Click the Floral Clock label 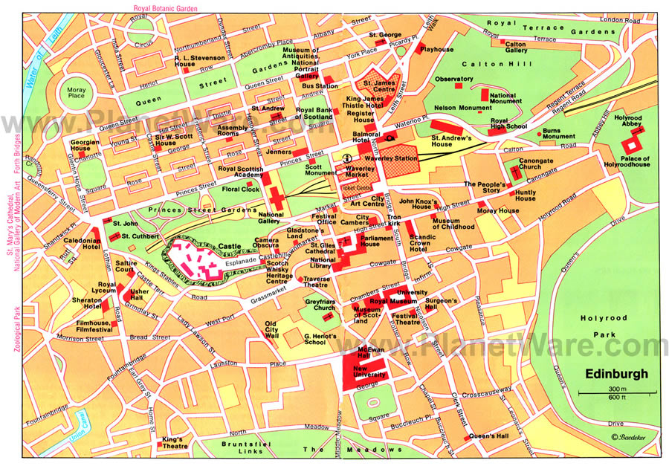click(240, 190)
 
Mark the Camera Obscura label click(266, 244)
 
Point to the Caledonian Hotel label click(81, 245)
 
